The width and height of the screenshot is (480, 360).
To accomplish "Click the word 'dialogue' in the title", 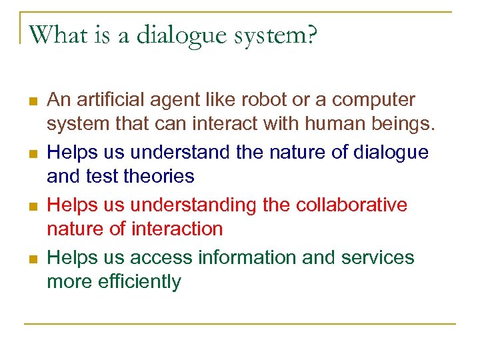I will [179, 35].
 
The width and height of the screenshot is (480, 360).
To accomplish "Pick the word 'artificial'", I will [115, 100].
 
